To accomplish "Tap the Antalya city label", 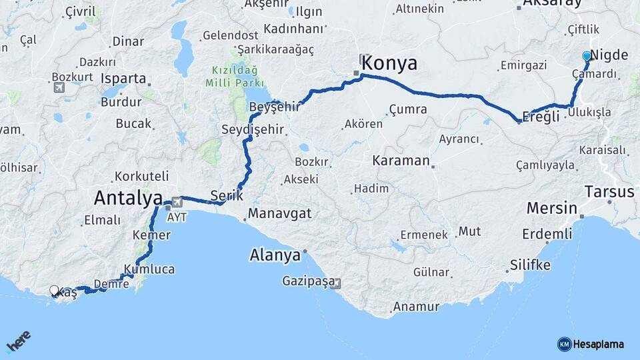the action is click(x=128, y=197).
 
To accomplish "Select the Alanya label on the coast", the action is click(x=275, y=255).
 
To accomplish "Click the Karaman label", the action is click(x=401, y=161).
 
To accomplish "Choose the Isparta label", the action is click(x=123, y=78).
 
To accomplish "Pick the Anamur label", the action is click(x=416, y=307).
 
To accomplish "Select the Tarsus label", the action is click(x=609, y=192).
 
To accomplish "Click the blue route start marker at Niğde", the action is click(x=587, y=57).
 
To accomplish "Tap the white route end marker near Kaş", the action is click(x=55, y=291).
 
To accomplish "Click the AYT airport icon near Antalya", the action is click(x=177, y=201).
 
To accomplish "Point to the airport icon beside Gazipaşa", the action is click(x=335, y=283).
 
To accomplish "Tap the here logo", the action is click(x=18, y=341).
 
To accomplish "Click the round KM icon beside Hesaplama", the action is click(x=564, y=344).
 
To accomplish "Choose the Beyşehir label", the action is click(x=271, y=107).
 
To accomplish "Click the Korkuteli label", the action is click(x=141, y=176).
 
